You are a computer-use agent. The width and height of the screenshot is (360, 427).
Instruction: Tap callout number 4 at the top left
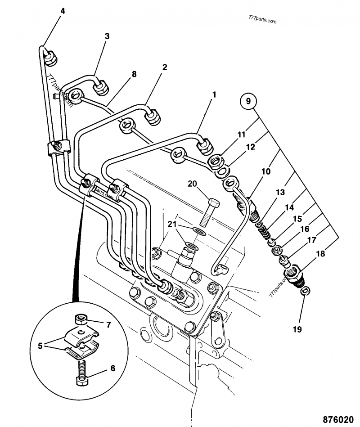(x=63, y=11)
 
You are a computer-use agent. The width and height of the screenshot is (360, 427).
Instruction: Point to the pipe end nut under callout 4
(x=49, y=56)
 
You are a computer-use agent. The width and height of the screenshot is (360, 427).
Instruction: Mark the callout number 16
(x=305, y=229)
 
